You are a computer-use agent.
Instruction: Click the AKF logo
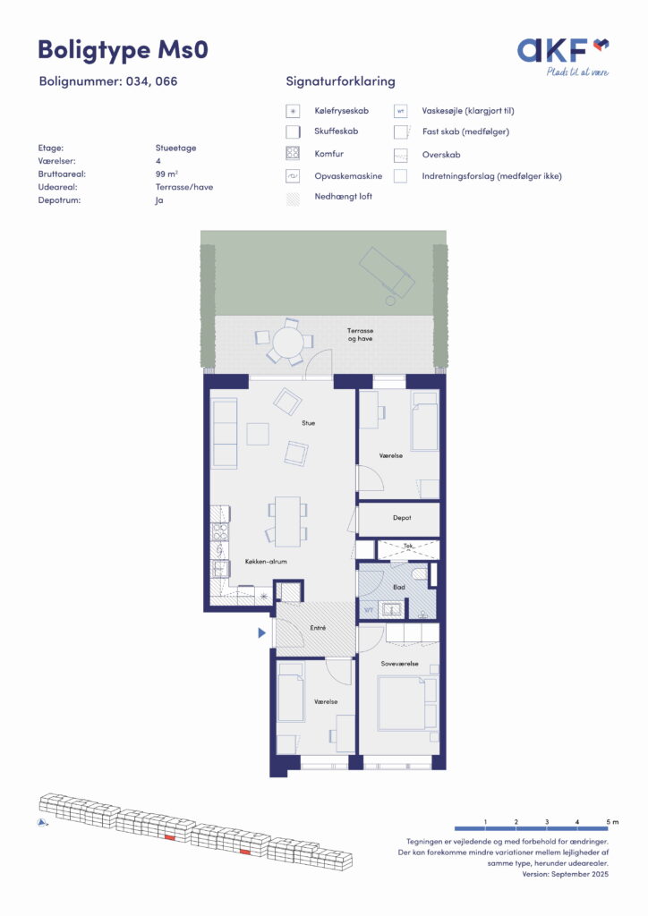coord(563,56)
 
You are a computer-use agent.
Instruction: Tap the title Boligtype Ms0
coord(123,50)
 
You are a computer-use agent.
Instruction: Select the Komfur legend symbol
coord(293,154)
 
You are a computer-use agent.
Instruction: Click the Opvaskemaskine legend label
coord(348,176)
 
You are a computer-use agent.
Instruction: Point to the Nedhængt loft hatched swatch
coord(293,199)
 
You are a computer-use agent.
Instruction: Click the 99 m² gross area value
coord(166,174)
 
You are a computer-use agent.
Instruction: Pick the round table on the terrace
coord(288,341)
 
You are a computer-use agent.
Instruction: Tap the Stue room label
coord(309,423)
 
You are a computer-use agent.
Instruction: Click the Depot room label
coord(402,518)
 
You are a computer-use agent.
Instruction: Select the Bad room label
coord(399,587)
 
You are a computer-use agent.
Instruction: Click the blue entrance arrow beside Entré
coord(261,632)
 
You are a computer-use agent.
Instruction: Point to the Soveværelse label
coord(400,664)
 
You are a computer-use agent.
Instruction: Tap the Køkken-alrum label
coord(266,562)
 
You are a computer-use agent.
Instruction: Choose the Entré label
coord(318,628)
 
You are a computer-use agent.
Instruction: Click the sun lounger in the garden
coord(387,274)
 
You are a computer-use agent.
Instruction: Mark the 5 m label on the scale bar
coord(612,822)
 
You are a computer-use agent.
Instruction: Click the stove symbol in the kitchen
coord(220,533)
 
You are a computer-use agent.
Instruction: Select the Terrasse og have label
coord(360,335)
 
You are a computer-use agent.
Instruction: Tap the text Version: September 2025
coord(565,874)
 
